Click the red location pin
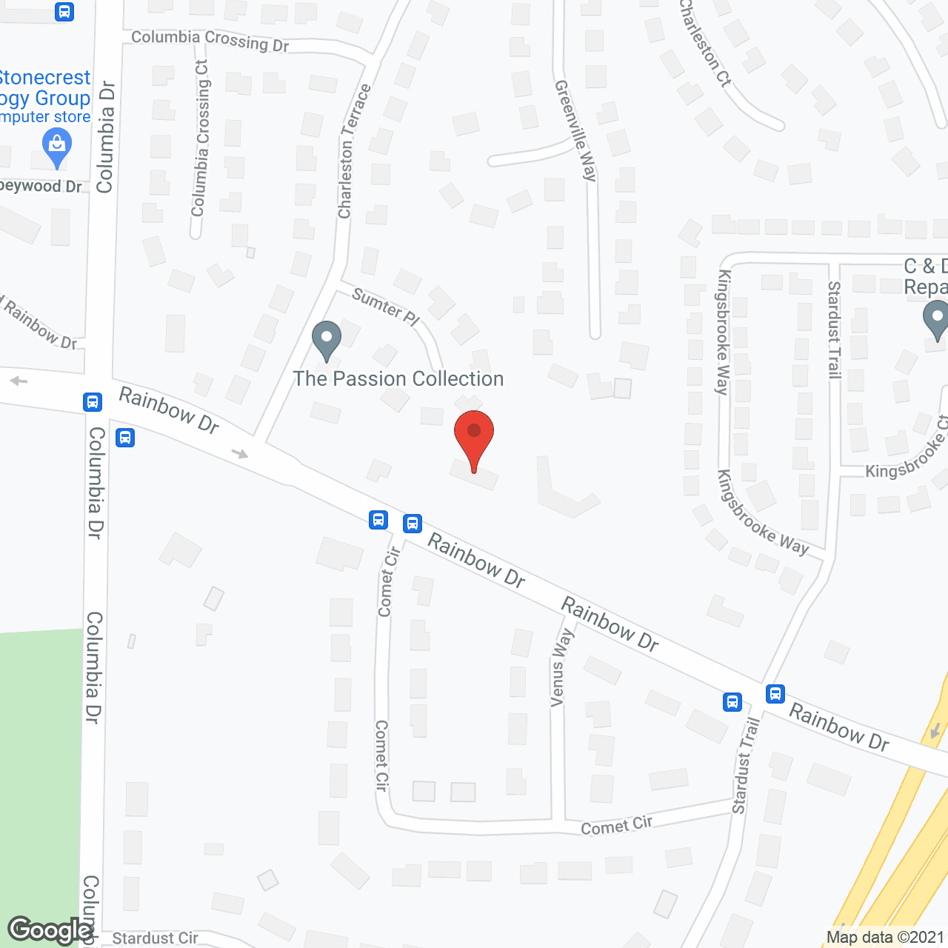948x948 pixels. tap(474, 438)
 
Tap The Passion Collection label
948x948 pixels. tap(398, 379)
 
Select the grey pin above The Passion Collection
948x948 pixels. tap(326, 340)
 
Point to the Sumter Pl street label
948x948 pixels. tap(385, 307)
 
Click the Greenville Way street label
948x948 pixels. tap(576, 130)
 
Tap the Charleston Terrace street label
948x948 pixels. tap(354, 152)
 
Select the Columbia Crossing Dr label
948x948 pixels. tap(210, 41)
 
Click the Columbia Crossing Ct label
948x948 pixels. tap(200, 138)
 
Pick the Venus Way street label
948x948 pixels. tap(561, 667)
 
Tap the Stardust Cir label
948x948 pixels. tap(155, 938)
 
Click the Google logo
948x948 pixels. tap(50, 930)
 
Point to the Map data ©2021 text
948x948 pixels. tap(885, 938)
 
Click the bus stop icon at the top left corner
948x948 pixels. tap(64, 12)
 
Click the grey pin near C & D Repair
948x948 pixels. tap(936, 321)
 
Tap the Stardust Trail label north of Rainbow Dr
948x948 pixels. tap(835, 330)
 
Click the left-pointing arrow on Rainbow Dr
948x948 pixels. tap(19, 381)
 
